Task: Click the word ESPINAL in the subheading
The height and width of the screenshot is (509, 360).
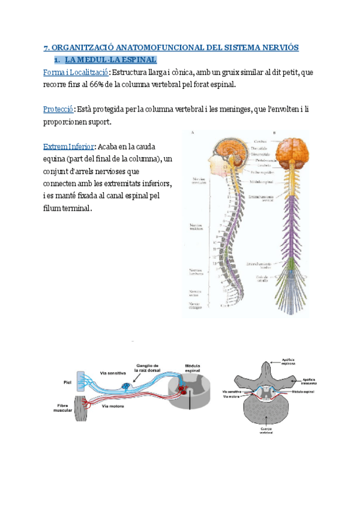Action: pos(136,60)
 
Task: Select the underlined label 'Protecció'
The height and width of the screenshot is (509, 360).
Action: pos(58,109)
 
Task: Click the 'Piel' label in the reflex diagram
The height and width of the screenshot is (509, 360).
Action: pos(67,381)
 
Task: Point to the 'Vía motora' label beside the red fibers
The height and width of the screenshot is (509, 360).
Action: pos(112,406)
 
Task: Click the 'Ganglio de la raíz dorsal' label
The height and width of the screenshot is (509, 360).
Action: pos(146,368)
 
